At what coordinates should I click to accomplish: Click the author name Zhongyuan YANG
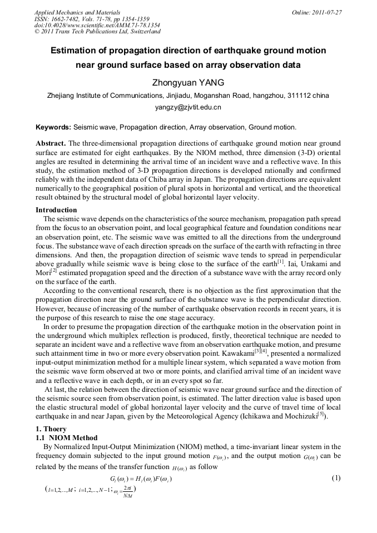[x=188, y=83]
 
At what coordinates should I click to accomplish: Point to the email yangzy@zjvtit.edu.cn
[x=188, y=107]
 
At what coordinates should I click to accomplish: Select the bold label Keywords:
[x=53, y=127]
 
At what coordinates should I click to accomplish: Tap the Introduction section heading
[x=56, y=210]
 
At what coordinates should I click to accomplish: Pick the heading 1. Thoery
[x=51, y=429]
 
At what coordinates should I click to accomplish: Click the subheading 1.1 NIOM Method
[x=66, y=438]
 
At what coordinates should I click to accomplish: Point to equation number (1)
[x=335, y=478]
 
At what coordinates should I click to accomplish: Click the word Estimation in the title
[x=76, y=51]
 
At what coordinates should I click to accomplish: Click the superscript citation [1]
[x=281, y=260]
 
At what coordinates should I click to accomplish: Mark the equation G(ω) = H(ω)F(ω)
[x=141, y=479]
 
